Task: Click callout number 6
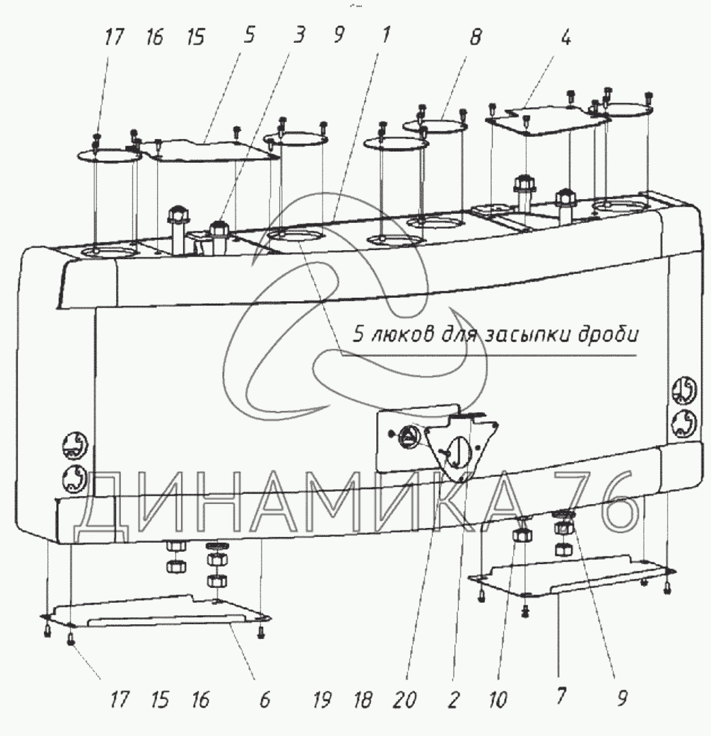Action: pos(264,699)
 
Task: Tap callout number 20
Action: pos(408,699)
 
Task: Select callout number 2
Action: pos(453,699)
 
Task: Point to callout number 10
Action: pos(498,699)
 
